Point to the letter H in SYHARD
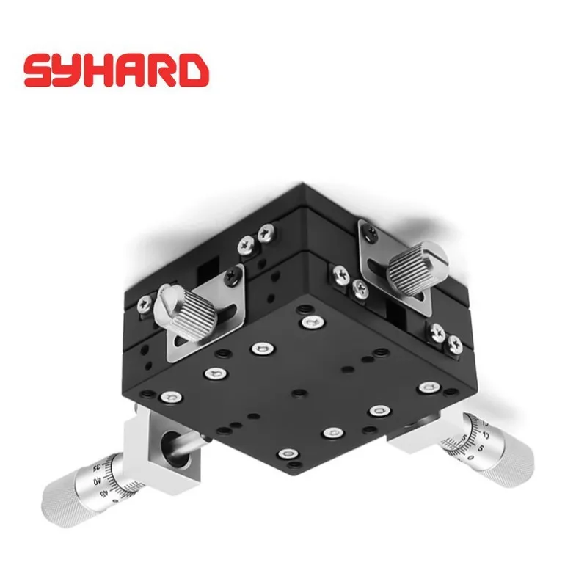[98, 70]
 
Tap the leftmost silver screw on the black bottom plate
[170, 398]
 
